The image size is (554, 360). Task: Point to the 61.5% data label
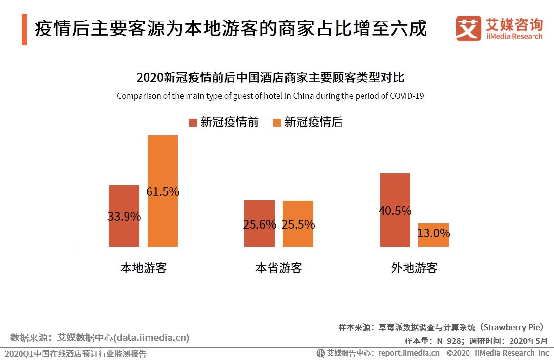(x=163, y=192)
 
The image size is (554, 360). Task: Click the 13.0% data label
(x=433, y=233)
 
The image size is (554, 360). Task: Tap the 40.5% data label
(x=395, y=211)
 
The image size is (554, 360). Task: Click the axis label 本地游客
(x=144, y=268)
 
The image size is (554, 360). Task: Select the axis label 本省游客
(x=278, y=268)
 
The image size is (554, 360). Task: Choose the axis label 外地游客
(x=414, y=268)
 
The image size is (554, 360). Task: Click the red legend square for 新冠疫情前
(x=192, y=122)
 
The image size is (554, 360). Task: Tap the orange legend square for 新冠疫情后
(x=277, y=122)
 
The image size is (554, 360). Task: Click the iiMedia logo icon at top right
(x=468, y=28)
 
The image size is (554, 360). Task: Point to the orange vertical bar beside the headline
(x=24, y=29)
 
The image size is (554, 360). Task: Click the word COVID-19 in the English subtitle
(x=406, y=96)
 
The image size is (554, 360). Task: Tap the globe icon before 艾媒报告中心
(x=320, y=353)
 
